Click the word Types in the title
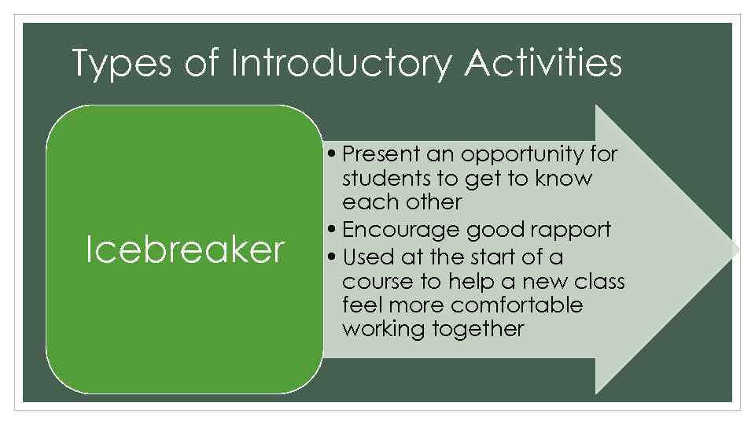click(x=120, y=63)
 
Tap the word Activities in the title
click(x=543, y=63)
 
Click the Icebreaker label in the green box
click(x=185, y=249)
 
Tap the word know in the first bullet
click(x=564, y=179)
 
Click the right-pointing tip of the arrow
click(x=738, y=249)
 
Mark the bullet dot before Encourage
click(x=334, y=231)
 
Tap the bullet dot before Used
click(x=334, y=258)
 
